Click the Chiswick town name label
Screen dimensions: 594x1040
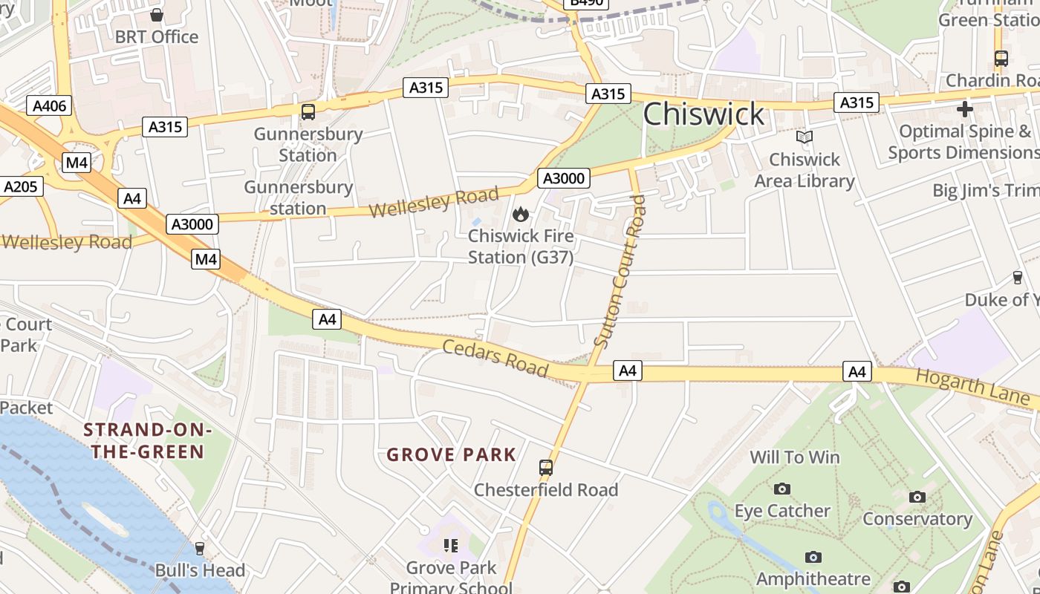tap(703, 114)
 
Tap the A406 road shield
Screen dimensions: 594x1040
tap(50, 105)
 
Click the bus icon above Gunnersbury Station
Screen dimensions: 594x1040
tap(308, 112)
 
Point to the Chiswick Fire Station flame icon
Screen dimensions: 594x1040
tap(521, 215)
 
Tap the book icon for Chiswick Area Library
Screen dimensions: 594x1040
tap(805, 137)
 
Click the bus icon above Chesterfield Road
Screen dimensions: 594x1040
tap(546, 468)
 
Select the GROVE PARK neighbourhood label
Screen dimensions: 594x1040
tap(451, 454)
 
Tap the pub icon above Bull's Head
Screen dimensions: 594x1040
tap(199, 549)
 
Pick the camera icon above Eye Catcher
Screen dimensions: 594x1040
tap(781, 489)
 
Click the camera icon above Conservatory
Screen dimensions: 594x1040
tap(917, 497)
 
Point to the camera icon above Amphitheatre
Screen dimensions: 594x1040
tap(813, 557)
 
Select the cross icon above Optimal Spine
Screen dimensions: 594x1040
tap(964, 109)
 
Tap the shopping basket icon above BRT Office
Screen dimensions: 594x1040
tap(157, 15)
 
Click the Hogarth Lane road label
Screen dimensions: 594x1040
tap(973, 388)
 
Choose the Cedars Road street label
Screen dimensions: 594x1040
tap(495, 358)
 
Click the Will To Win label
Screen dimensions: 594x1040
tap(795, 457)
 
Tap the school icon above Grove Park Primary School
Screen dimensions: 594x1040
tap(450, 546)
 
